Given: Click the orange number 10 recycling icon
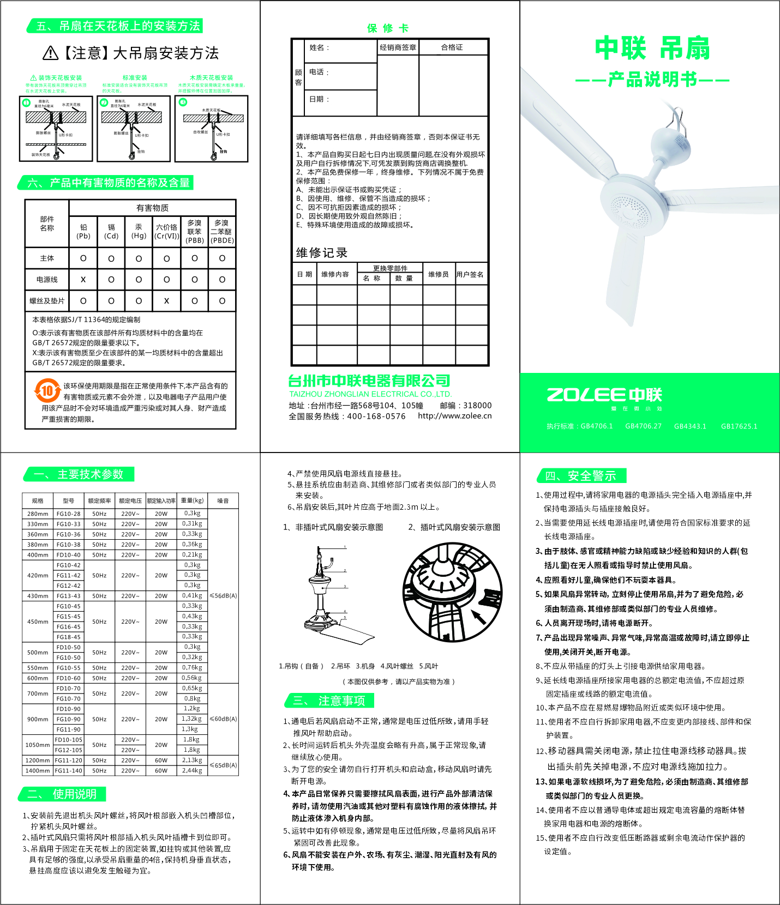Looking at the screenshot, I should pyautogui.click(x=47, y=390).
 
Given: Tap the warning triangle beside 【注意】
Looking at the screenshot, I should pyautogui.click(x=50, y=53).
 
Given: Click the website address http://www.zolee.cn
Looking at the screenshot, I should pyautogui.click(x=454, y=415).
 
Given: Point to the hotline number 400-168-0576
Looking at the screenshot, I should pyautogui.click(x=376, y=416).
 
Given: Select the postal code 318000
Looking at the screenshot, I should pyautogui.click(x=477, y=406).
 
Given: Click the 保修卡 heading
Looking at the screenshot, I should pyautogui.click(x=388, y=28).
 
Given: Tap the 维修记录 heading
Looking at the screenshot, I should pyautogui.click(x=322, y=253).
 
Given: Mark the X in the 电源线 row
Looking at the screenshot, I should pyautogui.click(x=83, y=280).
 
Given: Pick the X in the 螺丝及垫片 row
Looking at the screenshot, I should pyautogui.click(x=166, y=301).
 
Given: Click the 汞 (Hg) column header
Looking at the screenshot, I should pyautogui.click(x=139, y=231).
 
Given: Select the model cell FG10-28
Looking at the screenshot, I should pyautogui.click(x=68, y=514).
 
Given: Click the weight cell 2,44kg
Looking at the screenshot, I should pyautogui.click(x=191, y=770).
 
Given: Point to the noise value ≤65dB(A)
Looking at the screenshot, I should pyautogui.click(x=224, y=765).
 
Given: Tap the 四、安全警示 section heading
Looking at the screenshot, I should pyautogui.click(x=581, y=476).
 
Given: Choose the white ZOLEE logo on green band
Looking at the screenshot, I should pyautogui.click(x=604, y=395).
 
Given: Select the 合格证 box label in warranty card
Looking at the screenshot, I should pyautogui.click(x=452, y=47).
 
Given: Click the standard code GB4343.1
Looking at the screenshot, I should pyautogui.click(x=690, y=426).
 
